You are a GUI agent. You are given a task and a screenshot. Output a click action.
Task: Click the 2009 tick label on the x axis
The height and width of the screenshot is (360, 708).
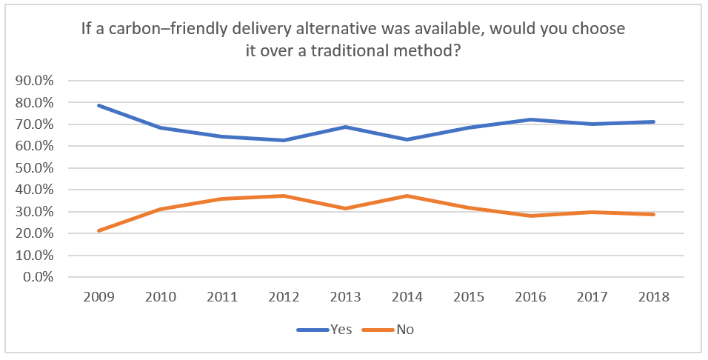(x=99, y=298)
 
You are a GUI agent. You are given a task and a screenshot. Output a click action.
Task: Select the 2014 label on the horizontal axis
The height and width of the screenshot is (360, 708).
(x=407, y=298)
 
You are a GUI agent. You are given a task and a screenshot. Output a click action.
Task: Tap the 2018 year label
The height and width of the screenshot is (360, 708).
(x=654, y=298)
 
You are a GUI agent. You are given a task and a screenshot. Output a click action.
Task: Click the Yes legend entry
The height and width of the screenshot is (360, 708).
(x=326, y=329)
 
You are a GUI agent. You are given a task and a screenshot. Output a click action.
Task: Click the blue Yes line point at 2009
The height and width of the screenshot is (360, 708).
(x=99, y=105)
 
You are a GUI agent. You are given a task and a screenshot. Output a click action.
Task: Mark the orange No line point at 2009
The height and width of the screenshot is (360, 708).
(x=99, y=230)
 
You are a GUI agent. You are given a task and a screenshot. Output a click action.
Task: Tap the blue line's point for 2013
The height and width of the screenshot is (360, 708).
(x=346, y=127)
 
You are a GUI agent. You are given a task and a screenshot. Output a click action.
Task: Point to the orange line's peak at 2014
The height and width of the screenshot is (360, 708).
(x=407, y=196)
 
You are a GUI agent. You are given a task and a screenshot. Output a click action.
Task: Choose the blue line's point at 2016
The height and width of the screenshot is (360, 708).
(x=531, y=119)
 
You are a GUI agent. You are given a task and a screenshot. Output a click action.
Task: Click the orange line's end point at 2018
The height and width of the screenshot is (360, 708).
(x=654, y=214)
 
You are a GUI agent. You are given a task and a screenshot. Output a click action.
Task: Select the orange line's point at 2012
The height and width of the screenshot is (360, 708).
(x=284, y=196)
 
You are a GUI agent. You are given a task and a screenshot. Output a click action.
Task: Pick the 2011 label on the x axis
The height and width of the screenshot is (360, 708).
(x=222, y=298)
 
